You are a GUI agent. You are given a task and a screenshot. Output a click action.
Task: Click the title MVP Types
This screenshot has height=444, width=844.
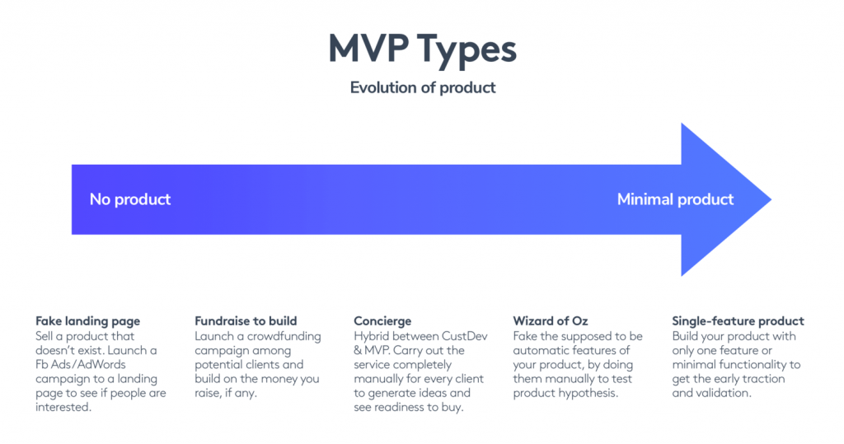tap(423, 50)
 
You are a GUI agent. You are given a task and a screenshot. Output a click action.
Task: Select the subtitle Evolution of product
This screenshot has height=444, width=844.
tap(423, 87)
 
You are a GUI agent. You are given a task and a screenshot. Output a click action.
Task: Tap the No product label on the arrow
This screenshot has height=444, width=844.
tap(130, 199)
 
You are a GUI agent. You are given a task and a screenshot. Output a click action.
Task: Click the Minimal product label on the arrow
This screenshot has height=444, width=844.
tap(675, 199)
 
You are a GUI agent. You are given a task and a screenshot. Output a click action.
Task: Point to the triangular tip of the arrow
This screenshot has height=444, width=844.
tap(771, 199)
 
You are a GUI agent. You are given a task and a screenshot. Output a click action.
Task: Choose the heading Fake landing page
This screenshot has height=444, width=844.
tap(87, 321)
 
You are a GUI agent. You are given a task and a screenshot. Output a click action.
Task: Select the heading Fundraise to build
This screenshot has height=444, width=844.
tap(246, 321)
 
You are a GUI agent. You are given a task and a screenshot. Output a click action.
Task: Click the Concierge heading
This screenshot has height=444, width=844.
tap(382, 321)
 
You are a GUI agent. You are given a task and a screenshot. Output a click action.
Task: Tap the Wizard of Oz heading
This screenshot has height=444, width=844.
tap(550, 321)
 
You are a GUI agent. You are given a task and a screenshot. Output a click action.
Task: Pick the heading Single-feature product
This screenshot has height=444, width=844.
tap(738, 321)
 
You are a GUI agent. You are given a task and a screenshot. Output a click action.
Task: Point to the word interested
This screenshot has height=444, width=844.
tap(63, 407)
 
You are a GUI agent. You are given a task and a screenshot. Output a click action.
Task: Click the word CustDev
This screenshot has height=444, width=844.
tap(465, 336)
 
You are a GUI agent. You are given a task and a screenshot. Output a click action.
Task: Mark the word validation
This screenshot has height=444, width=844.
tap(721, 393)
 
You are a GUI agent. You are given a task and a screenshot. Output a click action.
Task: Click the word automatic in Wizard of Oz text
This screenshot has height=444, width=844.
tap(539, 350)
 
